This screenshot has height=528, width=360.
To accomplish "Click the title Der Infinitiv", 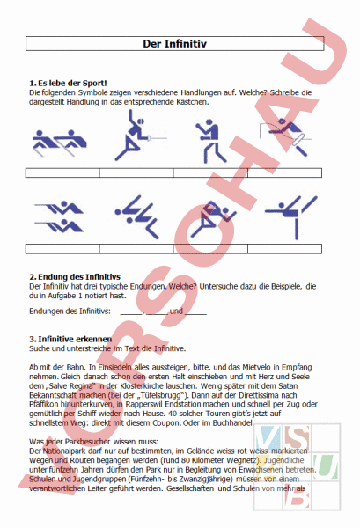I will tap(180, 43).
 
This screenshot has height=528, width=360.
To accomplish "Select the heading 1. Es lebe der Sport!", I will tap(69, 83).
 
